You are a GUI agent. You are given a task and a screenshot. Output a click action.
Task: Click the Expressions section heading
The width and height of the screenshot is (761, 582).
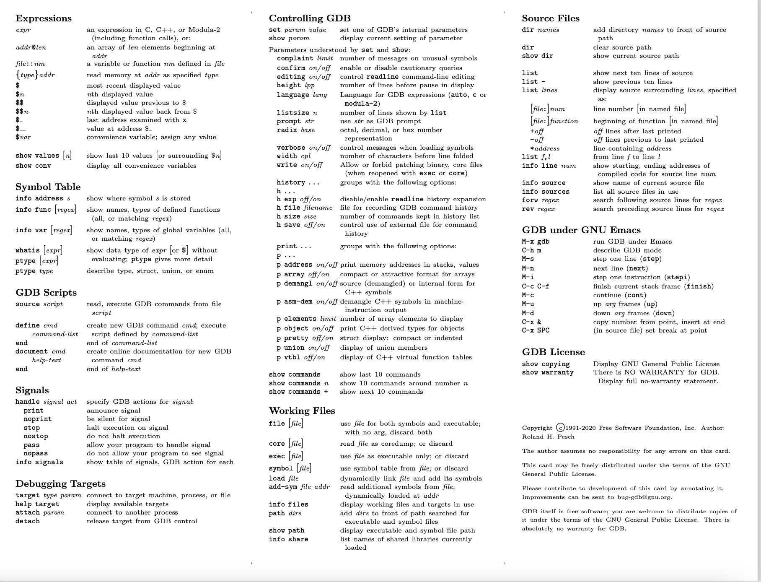tap(44, 18)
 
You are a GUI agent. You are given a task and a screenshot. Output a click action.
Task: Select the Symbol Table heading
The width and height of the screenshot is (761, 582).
tap(48, 187)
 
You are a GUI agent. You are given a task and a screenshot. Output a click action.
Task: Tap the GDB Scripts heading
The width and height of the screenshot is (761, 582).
tap(46, 293)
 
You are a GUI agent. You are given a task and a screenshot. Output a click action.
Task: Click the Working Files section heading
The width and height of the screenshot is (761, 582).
tap(302, 411)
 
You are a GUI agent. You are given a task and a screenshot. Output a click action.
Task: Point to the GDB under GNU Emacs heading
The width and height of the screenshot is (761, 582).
tap(581, 230)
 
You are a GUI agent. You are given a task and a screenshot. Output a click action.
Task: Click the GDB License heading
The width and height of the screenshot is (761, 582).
tap(553, 352)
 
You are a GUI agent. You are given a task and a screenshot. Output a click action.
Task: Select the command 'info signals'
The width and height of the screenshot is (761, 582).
tap(39, 462)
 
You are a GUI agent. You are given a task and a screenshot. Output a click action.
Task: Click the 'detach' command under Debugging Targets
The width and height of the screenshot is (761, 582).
tap(28, 521)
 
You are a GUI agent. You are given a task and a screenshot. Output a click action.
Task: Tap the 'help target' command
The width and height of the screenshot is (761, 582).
tap(37, 504)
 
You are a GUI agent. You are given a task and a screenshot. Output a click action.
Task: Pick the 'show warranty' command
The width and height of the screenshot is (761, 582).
tap(548, 372)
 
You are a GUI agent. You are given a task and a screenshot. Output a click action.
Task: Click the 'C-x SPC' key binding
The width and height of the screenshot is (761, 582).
tap(536, 330)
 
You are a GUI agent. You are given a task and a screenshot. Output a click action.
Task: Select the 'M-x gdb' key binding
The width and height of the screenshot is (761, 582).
tap(536, 242)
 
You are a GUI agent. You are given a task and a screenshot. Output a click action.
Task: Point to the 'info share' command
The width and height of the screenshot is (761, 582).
tap(288, 539)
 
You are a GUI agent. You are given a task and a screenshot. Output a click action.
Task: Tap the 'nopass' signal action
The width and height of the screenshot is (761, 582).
tap(36, 453)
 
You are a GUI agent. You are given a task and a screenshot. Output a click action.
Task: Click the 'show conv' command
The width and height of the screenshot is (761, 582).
tap(33, 166)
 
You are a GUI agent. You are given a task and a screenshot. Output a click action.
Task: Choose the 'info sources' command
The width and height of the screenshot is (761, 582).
tap(546, 192)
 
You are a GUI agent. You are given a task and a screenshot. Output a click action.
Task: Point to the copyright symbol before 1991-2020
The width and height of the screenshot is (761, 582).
tap(560, 428)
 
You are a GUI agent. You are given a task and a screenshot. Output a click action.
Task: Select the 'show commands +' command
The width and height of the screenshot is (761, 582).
tap(298, 392)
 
